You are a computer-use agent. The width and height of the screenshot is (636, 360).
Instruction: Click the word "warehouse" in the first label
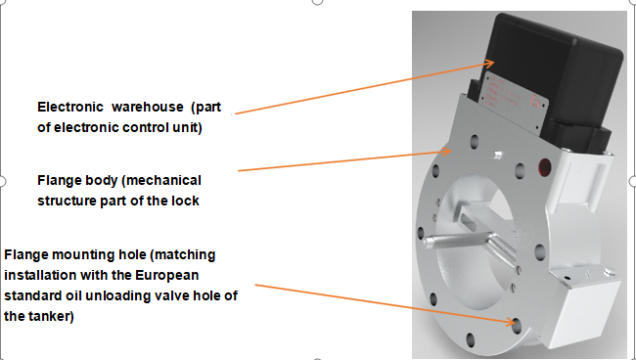click(147, 107)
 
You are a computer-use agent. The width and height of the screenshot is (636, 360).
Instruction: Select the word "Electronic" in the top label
click(70, 107)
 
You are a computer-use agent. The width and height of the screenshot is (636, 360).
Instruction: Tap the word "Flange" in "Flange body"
click(57, 181)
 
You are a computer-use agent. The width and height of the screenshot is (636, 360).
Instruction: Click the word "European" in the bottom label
click(166, 276)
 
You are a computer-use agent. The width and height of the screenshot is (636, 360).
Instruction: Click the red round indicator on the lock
click(545, 167)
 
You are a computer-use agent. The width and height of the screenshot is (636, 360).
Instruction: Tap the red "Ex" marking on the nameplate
click(535, 101)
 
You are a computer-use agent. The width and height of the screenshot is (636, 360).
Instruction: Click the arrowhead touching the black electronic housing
click(489, 64)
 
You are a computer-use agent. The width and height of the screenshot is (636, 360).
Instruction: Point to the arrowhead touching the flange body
click(446, 152)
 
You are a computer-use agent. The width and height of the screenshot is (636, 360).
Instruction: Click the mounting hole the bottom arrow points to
click(517, 326)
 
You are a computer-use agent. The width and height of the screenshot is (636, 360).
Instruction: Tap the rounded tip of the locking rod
click(426, 243)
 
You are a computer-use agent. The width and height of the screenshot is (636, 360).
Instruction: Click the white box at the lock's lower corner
click(585, 308)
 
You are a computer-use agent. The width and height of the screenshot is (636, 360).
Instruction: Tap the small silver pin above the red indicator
click(497, 155)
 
